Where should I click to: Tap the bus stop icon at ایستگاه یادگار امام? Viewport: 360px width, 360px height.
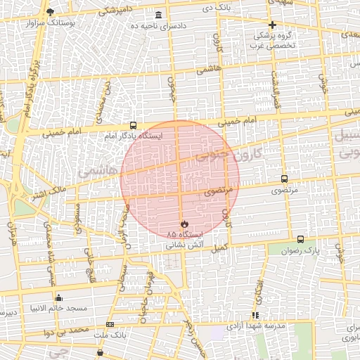pyautogui.click(x=134, y=125)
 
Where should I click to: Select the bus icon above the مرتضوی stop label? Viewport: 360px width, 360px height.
pyautogui.click(x=284, y=179)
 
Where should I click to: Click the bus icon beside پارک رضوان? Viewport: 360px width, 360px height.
pyautogui.click(x=301, y=239)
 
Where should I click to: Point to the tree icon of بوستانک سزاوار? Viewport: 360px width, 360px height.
pyautogui.click(x=49, y=11)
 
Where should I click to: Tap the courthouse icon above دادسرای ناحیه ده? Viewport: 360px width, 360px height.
pyautogui.click(x=157, y=15)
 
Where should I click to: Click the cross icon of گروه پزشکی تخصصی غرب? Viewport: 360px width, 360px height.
pyautogui.click(x=272, y=25)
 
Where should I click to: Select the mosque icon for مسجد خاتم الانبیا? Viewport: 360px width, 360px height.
pyautogui.click(x=58, y=298)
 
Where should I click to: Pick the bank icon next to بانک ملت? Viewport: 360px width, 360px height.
pyautogui.click(x=110, y=324)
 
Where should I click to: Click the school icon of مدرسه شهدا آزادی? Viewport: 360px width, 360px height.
pyautogui.click(x=255, y=315)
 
